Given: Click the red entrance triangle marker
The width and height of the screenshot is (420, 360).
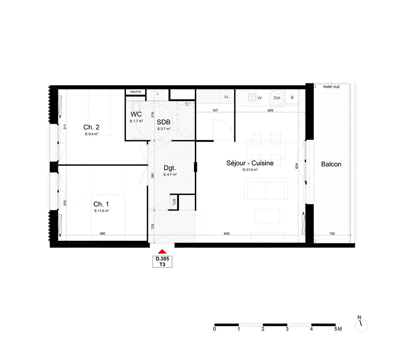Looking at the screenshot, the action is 162,251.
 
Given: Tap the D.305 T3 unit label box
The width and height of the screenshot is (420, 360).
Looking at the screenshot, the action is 162,262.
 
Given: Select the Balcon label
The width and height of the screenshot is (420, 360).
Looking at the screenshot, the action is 331,164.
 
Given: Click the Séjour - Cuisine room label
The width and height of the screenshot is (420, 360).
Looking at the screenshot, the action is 250,163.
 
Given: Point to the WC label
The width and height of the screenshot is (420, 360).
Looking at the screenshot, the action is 136,114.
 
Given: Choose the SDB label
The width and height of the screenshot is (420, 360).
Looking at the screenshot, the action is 164,122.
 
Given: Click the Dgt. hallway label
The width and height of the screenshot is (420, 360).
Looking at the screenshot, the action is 170,168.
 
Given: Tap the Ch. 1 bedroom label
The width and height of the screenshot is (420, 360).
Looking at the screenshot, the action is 101,204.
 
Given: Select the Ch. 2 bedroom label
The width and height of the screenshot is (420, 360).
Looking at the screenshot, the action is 91,127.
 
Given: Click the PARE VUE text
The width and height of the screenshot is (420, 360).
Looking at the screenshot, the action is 331,87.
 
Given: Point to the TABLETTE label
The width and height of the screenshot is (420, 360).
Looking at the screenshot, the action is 136,92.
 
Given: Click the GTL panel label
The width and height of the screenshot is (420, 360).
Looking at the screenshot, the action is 174,202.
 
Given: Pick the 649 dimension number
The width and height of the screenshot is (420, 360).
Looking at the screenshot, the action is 227,234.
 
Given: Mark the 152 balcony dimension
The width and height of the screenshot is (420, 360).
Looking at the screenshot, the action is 332,234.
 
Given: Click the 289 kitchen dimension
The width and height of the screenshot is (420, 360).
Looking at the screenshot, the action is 270,110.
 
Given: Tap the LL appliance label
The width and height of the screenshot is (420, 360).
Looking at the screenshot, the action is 227,97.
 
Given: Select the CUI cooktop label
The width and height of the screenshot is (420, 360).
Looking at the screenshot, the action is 277,98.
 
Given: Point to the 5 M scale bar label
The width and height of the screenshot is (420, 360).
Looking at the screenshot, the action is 338,329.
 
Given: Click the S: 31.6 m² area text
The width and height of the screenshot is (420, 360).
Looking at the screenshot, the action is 250,170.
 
